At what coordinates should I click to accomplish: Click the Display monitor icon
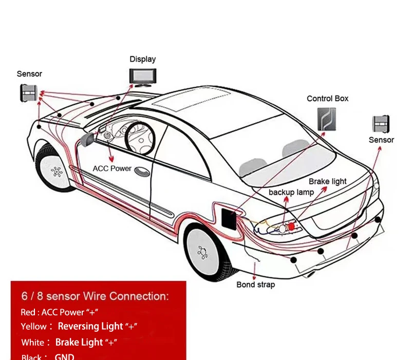tap(142, 76)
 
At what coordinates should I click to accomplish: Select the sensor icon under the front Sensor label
tap(29, 92)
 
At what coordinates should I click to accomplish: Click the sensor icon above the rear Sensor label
tap(381, 125)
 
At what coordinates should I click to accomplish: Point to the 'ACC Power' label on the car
tap(112, 168)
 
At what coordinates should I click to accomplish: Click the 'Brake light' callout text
tap(327, 181)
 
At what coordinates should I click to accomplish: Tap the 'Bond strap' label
tap(255, 285)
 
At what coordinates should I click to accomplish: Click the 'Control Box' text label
tap(327, 99)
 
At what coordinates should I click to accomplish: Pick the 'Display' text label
tap(142, 60)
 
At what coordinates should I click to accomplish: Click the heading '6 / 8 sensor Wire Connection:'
tap(95, 296)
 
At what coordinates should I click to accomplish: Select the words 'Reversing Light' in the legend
tap(90, 326)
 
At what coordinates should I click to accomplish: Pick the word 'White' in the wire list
tap(33, 343)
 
